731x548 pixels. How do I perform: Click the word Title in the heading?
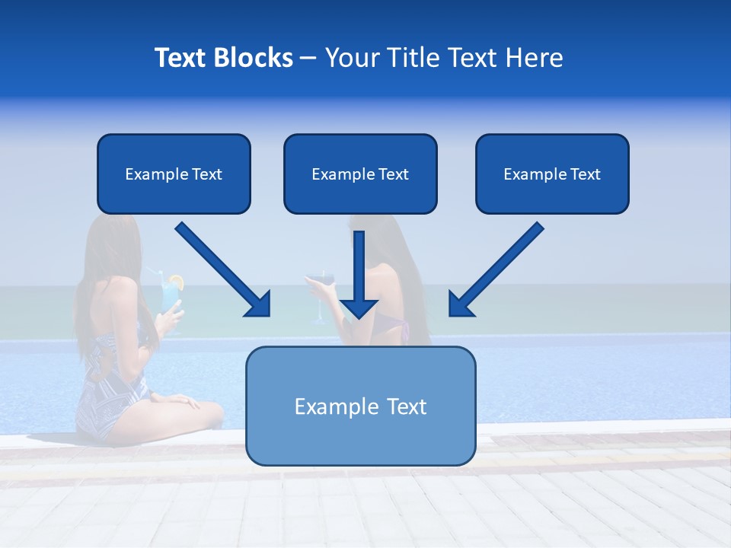pyautogui.click(x=411, y=58)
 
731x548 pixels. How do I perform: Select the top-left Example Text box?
pyautogui.click(x=174, y=174)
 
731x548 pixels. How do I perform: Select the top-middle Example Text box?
pyautogui.click(x=360, y=174)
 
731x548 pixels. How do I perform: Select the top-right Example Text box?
pyautogui.click(x=552, y=174)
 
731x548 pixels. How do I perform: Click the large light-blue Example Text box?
pyautogui.click(x=360, y=406)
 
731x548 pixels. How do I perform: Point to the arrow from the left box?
pyautogui.click(x=221, y=268)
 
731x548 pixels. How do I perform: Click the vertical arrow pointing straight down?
pyautogui.click(x=359, y=274)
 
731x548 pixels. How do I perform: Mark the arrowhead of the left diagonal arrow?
pyautogui.click(x=259, y=304)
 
